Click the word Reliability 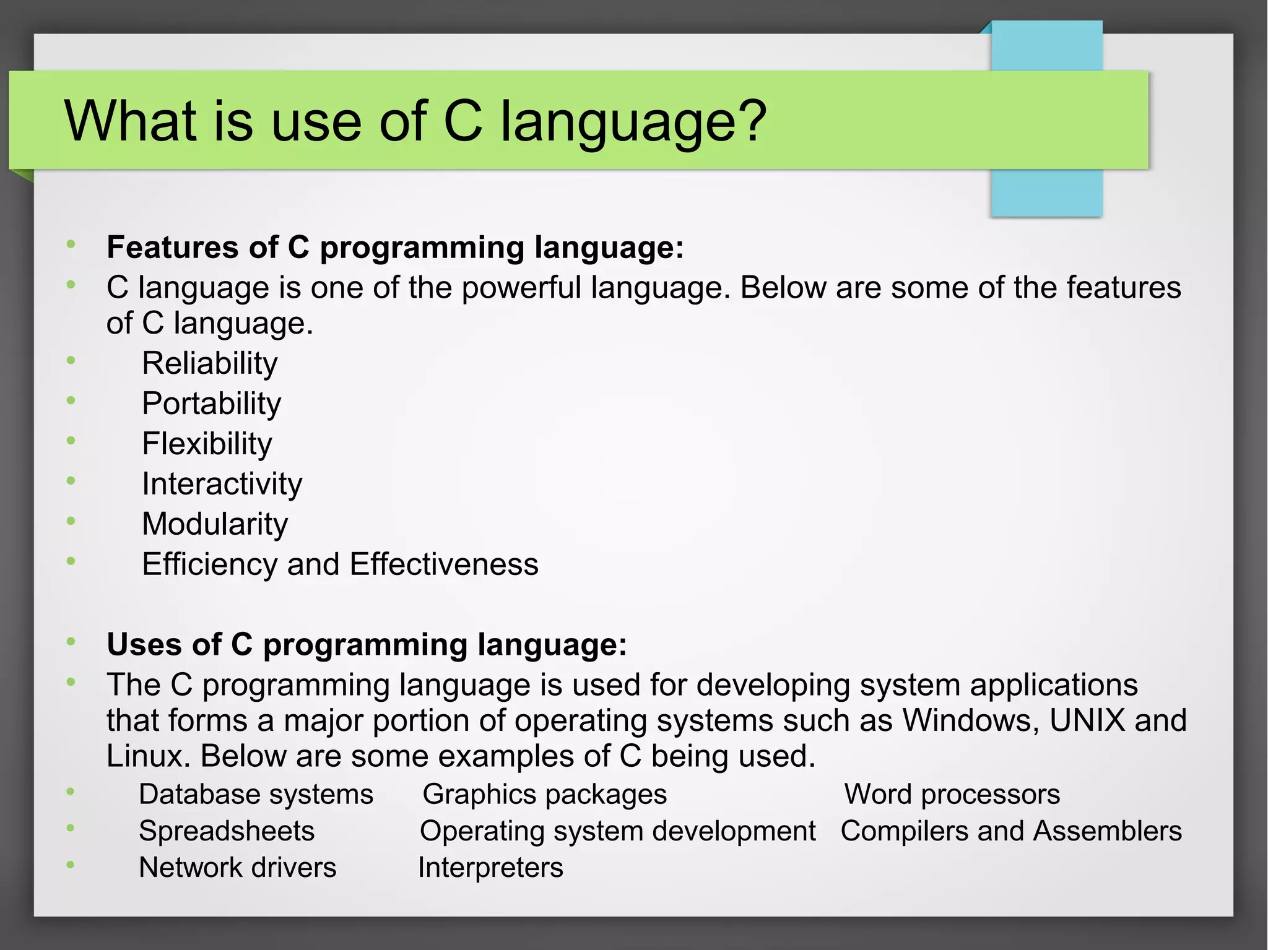click(x=209, y=363)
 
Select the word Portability click(x=211, y=404)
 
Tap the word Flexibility click(x=207, y=444)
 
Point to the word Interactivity click(x=222, y=484)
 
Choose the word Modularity click(x=215, y=524)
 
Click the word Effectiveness click(x=444, y=564)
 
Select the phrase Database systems click(x=256, y=794)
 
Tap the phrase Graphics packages click(x=544, y=794)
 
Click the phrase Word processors click(x=952, y=794)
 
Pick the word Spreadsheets click(x=227, y=831)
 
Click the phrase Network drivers click(x=237, y=867)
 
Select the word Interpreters click(x=490, y=867)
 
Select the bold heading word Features click(x=173, y=247)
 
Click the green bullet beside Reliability click(x=71, y=360)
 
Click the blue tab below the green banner click(x=1046, y=192)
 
